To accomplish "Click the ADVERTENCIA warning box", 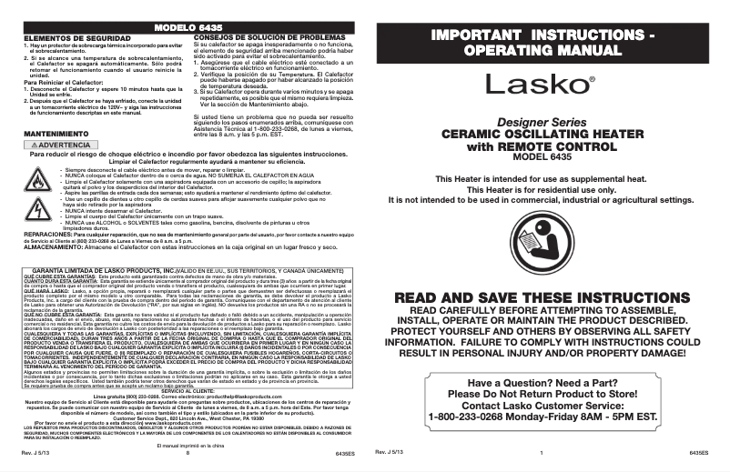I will (60, 145).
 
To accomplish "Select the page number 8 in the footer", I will (187, 452).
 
